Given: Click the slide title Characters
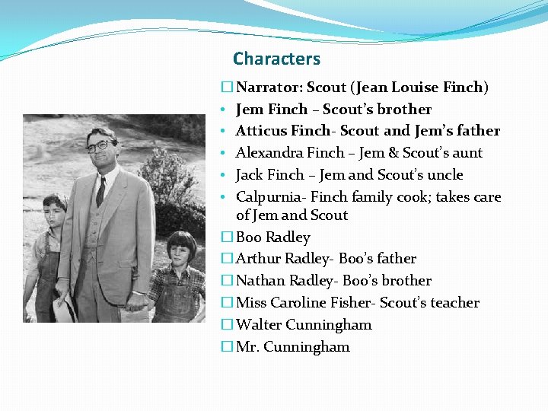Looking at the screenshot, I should pos(276,59).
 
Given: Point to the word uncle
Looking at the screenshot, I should pos(444,175).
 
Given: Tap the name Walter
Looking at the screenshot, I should pos(260,325).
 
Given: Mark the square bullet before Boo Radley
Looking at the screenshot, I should pos(227,237).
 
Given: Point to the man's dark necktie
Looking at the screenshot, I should pos(100,190).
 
